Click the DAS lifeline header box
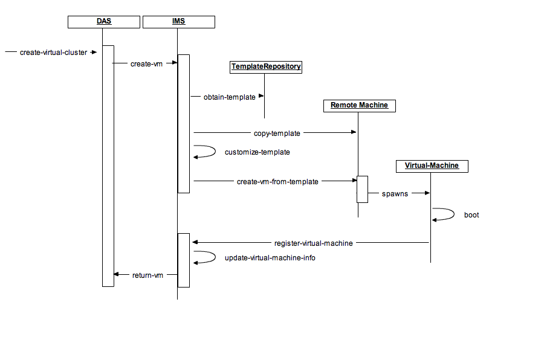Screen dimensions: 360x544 click(104, 22)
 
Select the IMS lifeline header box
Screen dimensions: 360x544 click(178, 22)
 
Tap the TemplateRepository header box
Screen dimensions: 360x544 click(266, 67)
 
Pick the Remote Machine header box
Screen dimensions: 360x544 click(359, 106)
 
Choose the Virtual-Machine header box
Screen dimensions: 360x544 click(432, 166)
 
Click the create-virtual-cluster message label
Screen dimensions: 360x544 click(53, 53)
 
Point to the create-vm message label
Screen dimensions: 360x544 click(146, 63)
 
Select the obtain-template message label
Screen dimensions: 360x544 click(229, 97)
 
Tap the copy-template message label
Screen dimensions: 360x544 click(277, 133)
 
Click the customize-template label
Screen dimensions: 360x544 click(257, 152)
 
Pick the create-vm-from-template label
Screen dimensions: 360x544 click(277, 181)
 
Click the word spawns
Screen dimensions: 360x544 click(395, 194)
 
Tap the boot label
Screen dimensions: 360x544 click(471, 215)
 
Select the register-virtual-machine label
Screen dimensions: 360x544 click(313, 243)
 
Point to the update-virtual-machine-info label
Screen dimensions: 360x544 click(270, 258)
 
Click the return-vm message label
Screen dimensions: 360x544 click(147, 275)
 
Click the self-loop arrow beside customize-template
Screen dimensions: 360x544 click(206, 152)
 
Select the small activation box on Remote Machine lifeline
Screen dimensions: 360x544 click(362, 189)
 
